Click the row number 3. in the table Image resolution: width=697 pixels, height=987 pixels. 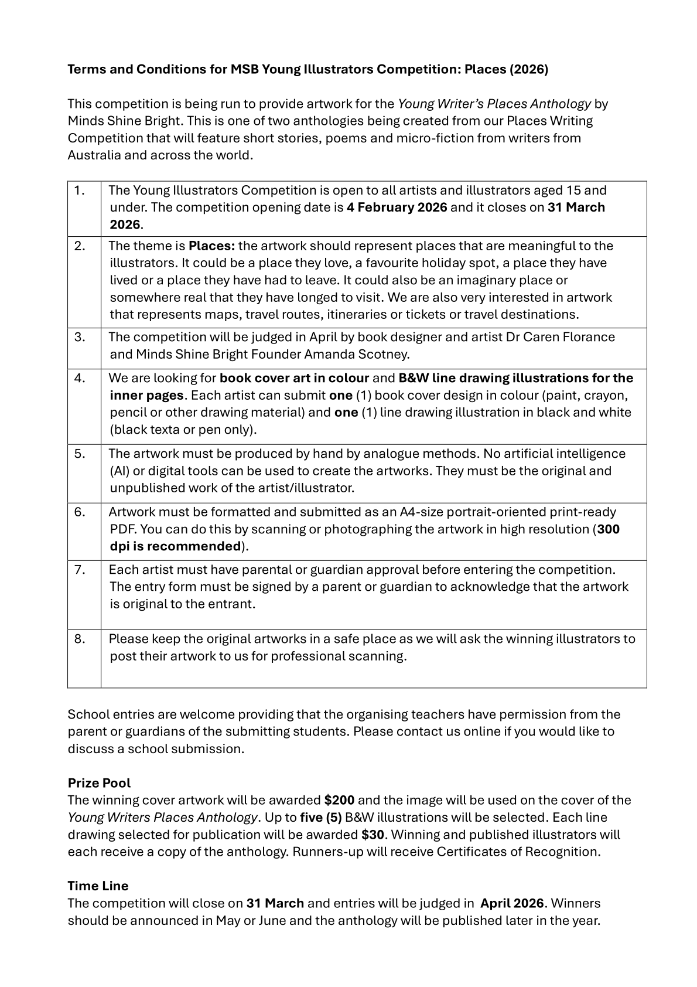point(80,337)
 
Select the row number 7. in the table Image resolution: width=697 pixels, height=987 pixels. point(80,570)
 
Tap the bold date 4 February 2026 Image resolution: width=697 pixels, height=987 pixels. point(397,207)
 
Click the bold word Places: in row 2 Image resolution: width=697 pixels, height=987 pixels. point(211,246)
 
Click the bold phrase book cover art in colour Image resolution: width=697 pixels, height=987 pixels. point(294,378)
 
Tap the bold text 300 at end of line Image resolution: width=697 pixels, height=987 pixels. point(609,529)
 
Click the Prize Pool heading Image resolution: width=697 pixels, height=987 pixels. point(99,783)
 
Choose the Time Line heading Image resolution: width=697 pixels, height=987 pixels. point(98,886)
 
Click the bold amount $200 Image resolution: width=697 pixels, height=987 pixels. point(339,800)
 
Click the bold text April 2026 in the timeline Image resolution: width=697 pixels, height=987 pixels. point(512,903)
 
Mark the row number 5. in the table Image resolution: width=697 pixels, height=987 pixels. point(80,454)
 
